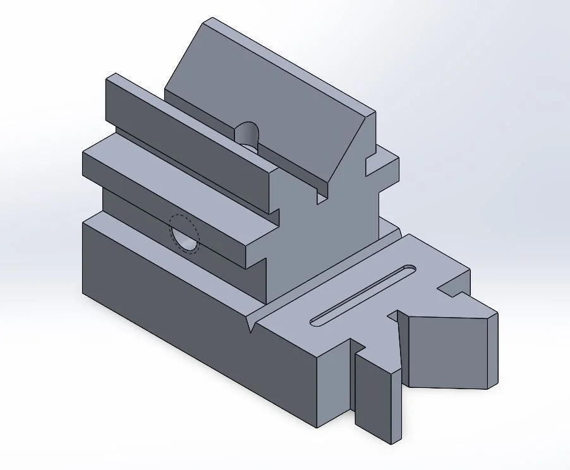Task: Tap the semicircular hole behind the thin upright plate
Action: tap(247, 133)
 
